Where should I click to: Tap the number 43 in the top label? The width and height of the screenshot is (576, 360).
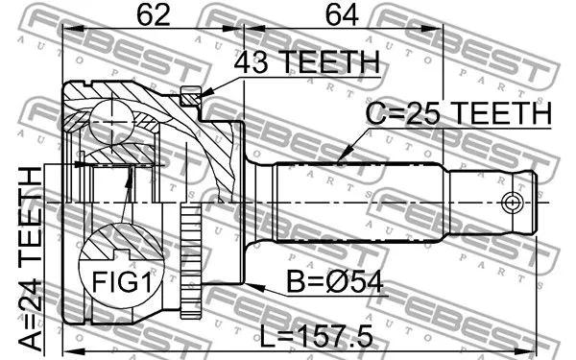[x=252, y=64]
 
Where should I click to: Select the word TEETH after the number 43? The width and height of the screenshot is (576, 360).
[x=327, y=64]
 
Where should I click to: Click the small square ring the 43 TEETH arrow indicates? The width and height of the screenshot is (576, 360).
[x=190, y=97]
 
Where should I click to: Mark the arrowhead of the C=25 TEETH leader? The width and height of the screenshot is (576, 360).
[x=342, y=157]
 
